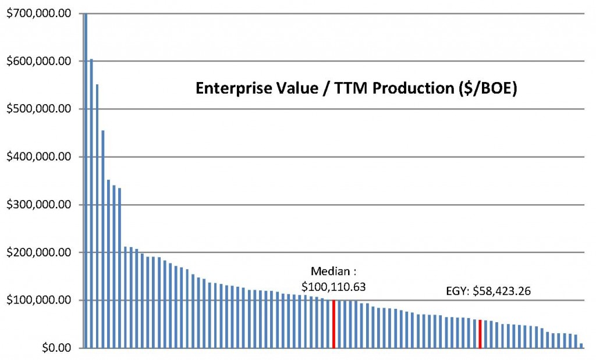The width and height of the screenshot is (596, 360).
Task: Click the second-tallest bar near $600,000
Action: coord(91,204)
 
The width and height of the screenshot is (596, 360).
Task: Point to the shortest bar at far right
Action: coord(581,345)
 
